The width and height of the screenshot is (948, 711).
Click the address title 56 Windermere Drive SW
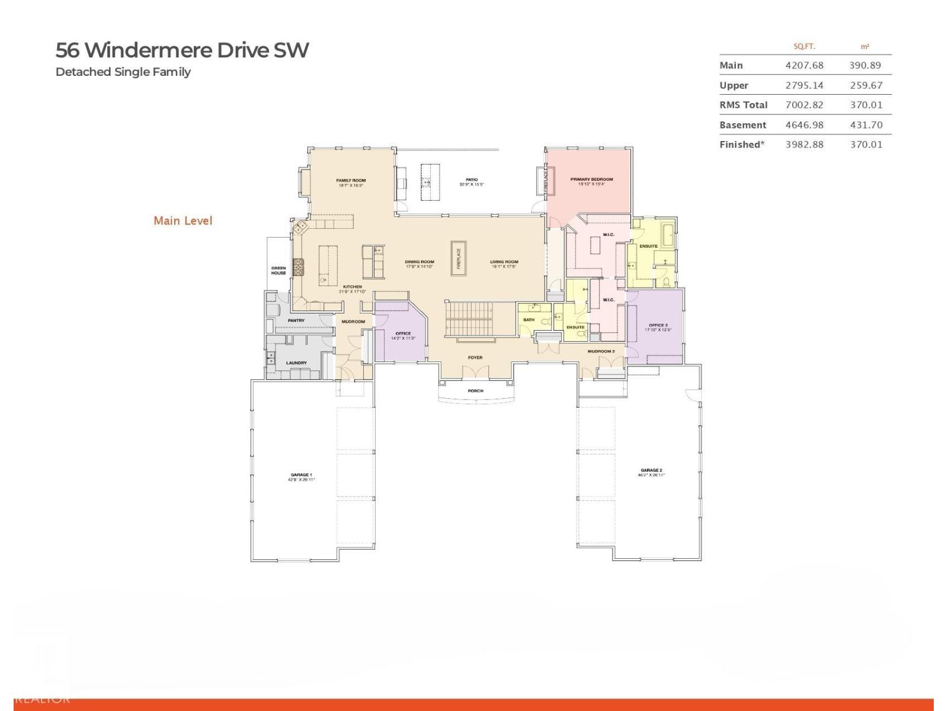pyautogui.click(x=182, y=50)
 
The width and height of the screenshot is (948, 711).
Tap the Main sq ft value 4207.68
pyautogui.click(x=804, y=65)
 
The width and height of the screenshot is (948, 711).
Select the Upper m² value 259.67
pyautogui.click(x=866, y=85)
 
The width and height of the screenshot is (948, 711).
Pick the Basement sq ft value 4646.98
pyautogui.click(x=804, y=125)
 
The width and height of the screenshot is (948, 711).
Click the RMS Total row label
pyautogui.click(x=743, y=105)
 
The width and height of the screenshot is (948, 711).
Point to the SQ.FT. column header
pyautogui.click(x=804, y=46)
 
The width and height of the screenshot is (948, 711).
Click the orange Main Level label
pyautogui.click(x=182, y=220)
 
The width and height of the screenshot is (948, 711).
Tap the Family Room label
pyautogui.click(x=351, y=181)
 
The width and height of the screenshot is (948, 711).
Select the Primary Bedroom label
pyautogui.click(x=591, y=179)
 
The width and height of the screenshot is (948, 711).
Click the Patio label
pyautogui.click(x=472, y=180)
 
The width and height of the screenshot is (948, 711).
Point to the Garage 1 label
pyautogui.click(x=301, y=475)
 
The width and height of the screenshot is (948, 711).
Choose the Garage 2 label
pyautogui.click(x=651, y=470)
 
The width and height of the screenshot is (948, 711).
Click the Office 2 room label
pyautogui.click(x=658, y=325)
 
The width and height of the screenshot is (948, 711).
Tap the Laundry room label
pyautogui.click(x=296, y=363)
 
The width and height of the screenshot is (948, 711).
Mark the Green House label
pyautogui.click(x=278, y=271)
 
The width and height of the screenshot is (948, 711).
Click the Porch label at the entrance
pyautogui.click(x=475, y=391)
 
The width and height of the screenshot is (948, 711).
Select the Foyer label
pyautogui.click(x=475, y=357)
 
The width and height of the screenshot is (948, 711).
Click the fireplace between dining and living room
pyautogui.click(x=458, y=258)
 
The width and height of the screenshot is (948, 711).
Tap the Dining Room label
pyautogui.click(x=419, y=262)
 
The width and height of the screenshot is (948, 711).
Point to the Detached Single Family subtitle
pyautogui.click(x=123, y=72)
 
